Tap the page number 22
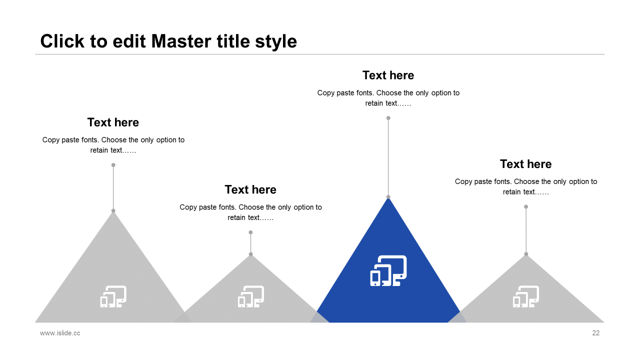tap(595, 333)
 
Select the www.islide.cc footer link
tap(60, 333)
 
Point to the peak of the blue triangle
tap(388, 198)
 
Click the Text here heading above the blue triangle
tap(388, 75)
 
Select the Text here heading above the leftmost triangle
tap(113, 122)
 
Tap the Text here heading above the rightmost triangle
tap(525, 164)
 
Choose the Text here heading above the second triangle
tap(250, 189)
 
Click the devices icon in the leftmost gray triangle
tap(113, 296)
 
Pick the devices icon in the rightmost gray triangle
tap(525, 296)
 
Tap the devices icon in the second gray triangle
tap(250, 296)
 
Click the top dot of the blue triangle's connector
tap(388, 118)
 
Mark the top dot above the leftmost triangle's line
tap(113, 165)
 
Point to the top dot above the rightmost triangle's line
tap(526, 206)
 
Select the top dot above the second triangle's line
tap(250, 232)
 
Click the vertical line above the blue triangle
tap(388, 157)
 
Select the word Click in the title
tap(62, 41)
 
